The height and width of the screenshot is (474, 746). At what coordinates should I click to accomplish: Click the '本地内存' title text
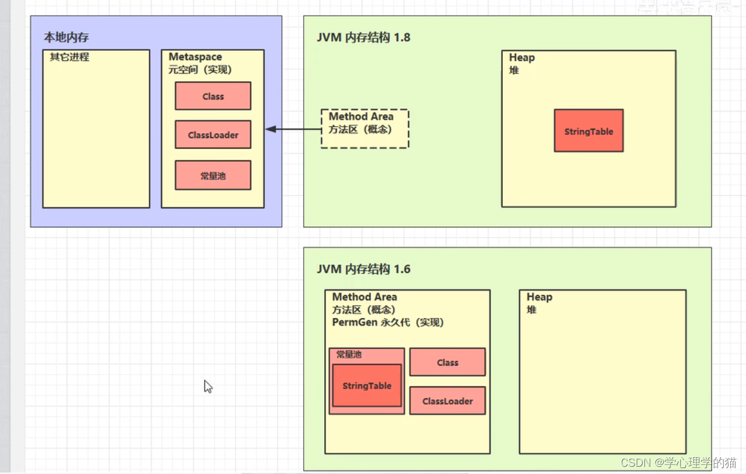point(67,37)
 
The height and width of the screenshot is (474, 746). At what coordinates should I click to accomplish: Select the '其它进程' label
point(70,57)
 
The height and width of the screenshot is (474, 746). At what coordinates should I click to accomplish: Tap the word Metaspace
point(195,57)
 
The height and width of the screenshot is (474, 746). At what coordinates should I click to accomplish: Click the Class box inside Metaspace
point(213,96)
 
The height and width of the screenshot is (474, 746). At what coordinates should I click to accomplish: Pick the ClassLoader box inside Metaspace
point(213,135)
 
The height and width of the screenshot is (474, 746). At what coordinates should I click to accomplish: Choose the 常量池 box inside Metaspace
point(213,175)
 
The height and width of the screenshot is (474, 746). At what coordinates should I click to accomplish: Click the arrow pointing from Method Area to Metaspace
point(293,129)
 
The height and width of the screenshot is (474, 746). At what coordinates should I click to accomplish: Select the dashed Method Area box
point(365,129)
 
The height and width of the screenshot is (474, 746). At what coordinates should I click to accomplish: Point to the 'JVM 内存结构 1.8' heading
point(363,37)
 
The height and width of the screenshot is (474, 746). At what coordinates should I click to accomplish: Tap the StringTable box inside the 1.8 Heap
point(588,131)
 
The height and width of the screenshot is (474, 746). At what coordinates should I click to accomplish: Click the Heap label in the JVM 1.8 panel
point(522,57)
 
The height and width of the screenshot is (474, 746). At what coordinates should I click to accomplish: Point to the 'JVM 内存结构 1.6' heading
point(363,269)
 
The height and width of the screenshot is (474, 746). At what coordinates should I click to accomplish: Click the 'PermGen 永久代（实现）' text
point(388,323)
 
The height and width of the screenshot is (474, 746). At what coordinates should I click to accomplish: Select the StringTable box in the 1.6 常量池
point(367,386)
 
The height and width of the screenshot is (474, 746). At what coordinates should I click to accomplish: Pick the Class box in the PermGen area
point(447,362)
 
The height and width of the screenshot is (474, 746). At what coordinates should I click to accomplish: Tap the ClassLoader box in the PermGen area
point(447,401)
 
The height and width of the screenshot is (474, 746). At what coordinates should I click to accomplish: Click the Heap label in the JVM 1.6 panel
point(539,297)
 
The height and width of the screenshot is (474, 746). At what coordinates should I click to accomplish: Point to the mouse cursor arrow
point(208,386)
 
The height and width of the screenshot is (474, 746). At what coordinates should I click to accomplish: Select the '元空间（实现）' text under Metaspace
point(200,70)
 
